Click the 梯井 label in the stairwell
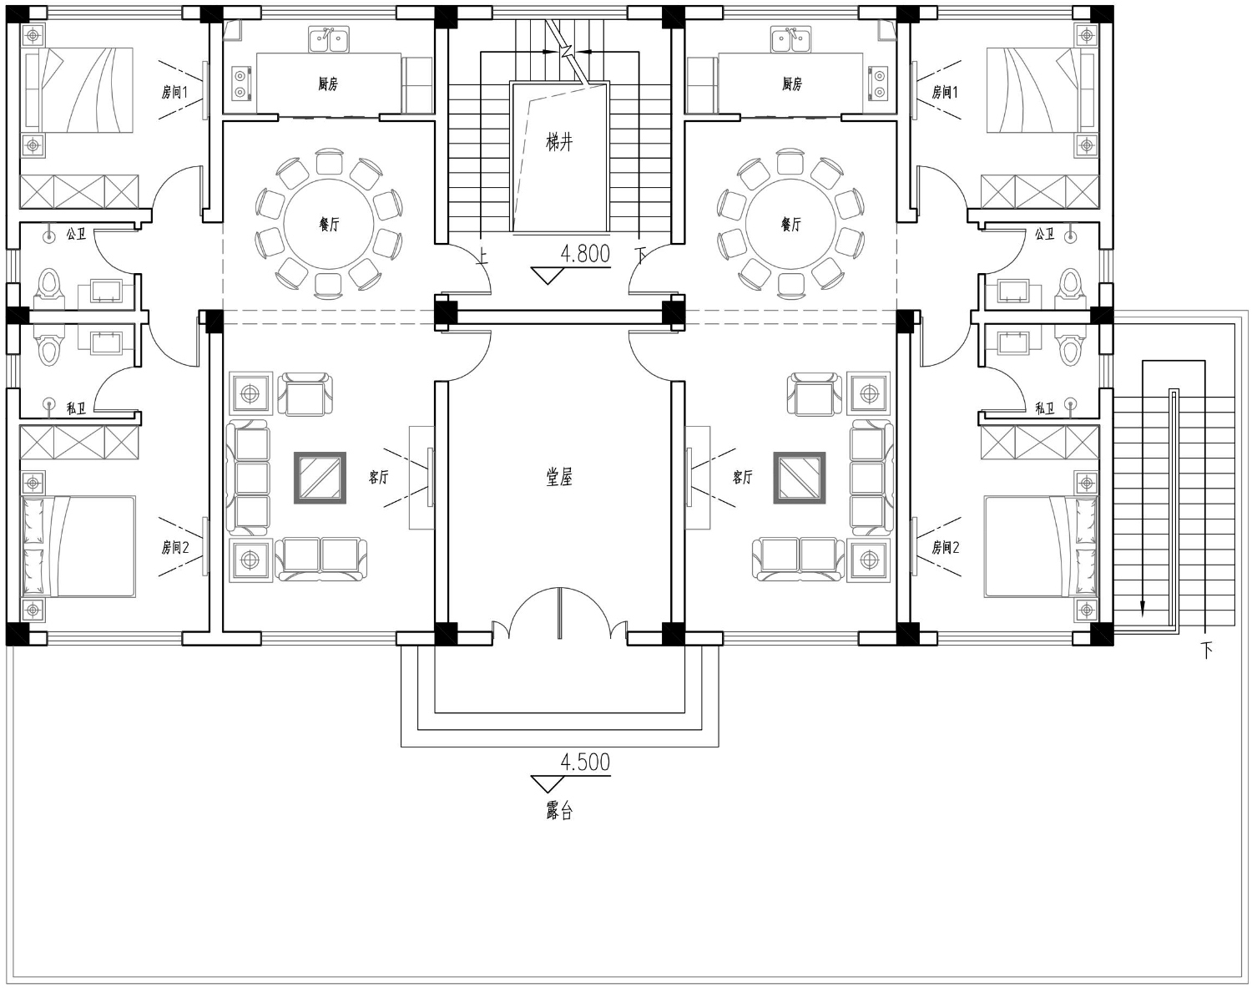(559, 142)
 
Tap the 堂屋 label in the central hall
(559, 478)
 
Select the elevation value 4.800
(585, 254)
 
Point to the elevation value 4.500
(585, 763)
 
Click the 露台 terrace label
(559, 810)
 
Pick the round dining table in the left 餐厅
(329, 224)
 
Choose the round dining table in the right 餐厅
(790, 224)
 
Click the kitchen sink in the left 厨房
(329, 39)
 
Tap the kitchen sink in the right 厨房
(790, 39)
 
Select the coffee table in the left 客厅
(320, 478)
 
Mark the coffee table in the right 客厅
(800, 478)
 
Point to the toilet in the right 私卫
(1071, 347)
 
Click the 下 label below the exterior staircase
(1206, 651)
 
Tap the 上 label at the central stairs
(482, 256)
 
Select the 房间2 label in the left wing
(175, 547)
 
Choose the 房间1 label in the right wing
(945, 92)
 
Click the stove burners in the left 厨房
(241, 82)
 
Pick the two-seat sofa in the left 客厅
(321, 560)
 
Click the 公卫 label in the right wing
(1045, 234)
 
